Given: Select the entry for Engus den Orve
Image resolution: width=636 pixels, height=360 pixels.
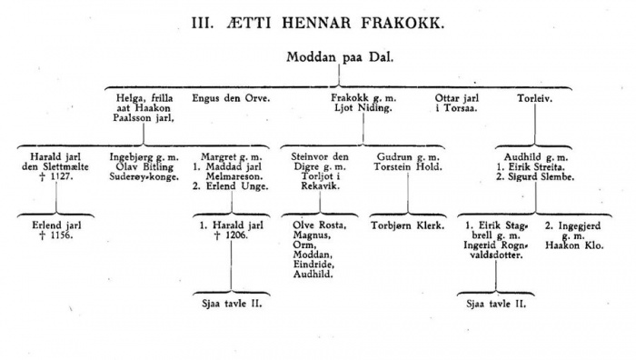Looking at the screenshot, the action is pyautogui.click(x=231, y=97).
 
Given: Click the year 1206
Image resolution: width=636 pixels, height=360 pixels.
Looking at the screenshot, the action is pyautogui.click(x=238, y=235).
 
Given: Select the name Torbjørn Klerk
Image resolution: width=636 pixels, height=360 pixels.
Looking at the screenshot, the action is pyautogui.click(x=408, y=224).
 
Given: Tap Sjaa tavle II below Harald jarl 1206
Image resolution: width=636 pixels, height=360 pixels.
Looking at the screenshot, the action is pyautogui.click(x=231, y=304).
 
